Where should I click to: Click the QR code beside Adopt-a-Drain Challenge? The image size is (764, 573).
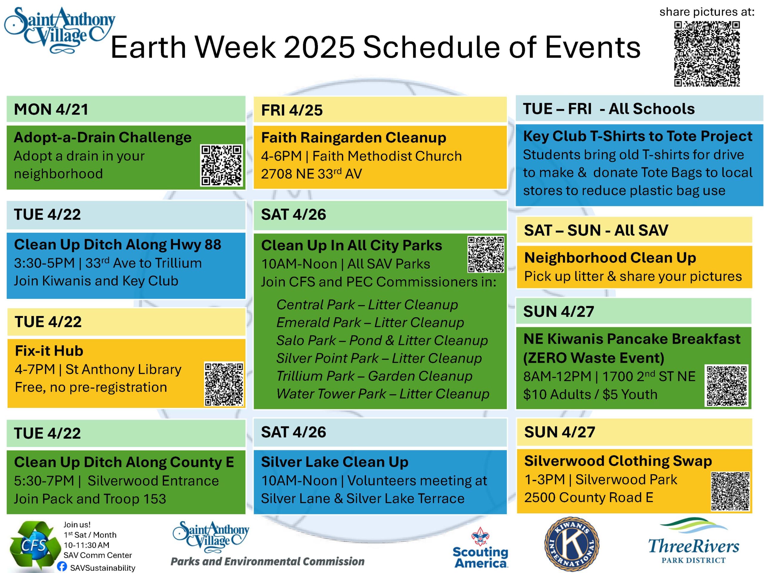point(221,165)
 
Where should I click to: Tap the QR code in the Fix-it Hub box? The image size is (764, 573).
point(224,384)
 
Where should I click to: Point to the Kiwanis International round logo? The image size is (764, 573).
point(572,545)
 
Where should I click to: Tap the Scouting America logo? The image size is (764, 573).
point(480,548)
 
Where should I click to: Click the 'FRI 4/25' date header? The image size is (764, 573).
point(292,110)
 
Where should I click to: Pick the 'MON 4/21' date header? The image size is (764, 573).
point(51,109)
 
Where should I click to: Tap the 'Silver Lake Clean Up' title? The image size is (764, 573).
point(335,462)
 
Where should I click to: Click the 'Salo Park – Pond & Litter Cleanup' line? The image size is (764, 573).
point(382,340)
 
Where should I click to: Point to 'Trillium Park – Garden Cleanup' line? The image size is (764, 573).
point(375,376)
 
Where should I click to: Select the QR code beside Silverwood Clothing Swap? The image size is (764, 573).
point(730,491)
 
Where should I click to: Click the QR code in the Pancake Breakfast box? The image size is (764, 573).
point(727,386)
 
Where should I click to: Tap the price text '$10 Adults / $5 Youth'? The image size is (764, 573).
point(590,395)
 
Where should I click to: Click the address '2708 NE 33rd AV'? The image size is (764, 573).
point(312,174)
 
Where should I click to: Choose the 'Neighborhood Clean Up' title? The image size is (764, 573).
point(610,258)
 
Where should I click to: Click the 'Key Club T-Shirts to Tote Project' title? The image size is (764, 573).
point(637,136)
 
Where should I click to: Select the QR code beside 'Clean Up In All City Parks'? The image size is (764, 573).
point(486,255)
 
